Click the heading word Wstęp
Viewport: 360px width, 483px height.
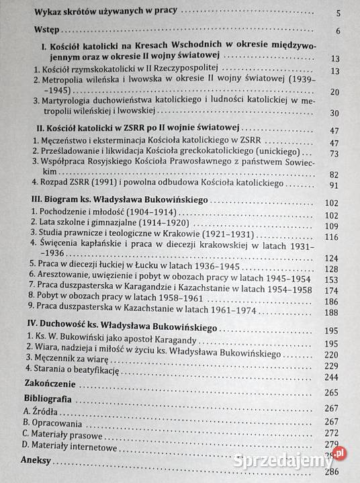click(48, 31)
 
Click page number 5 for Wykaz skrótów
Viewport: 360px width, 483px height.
click(339, 12)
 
